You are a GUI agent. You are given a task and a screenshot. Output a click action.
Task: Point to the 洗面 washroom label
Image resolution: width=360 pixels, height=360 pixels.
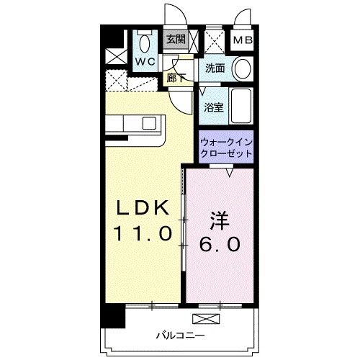click(x=215, y=69)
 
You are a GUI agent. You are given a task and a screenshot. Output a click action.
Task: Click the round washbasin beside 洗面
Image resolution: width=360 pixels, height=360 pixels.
click(x=241, y=69)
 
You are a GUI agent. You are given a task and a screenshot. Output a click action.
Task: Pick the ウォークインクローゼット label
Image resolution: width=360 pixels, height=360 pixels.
click(x=226, y=148)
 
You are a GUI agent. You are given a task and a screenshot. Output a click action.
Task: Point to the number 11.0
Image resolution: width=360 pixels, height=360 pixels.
click(x=142, y=233)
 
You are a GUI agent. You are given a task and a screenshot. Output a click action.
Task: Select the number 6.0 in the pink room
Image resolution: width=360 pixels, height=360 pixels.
click(x=220, y=244)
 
